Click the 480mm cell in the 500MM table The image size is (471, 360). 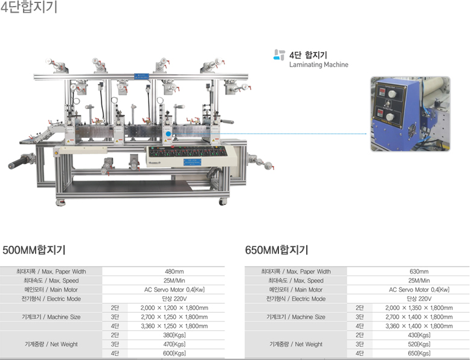(x=175, y=272)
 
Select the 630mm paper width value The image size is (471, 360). (x=418, y=272)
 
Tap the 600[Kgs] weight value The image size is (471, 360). (x=175, y=353)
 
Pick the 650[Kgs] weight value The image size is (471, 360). (x=419, y=353)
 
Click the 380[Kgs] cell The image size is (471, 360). (x=175, y=335)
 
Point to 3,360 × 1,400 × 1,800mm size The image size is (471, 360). (x=419, y=326)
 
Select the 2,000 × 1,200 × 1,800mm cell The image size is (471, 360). (x=175, y=308)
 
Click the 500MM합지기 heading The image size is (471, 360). (x=34, y=250)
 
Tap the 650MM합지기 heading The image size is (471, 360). (x=277, y=250)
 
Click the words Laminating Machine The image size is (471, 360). (x=319, y=65)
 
